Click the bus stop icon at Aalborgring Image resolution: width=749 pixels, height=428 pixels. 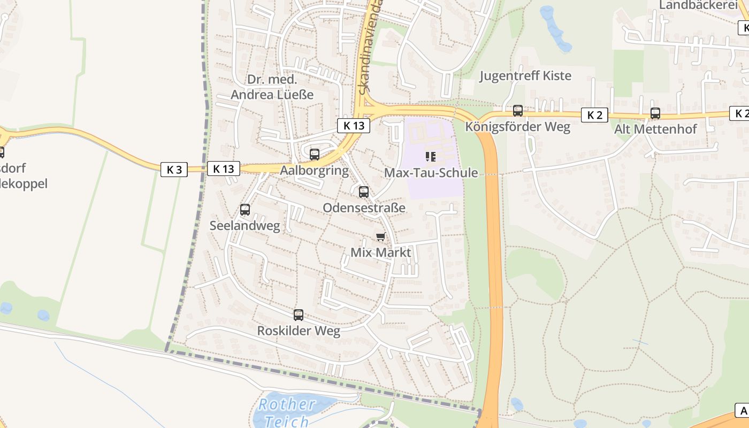pos(315,155)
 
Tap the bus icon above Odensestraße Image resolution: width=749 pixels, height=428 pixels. pos(364,192)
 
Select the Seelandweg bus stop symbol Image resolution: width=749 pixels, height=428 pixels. pos(245,210)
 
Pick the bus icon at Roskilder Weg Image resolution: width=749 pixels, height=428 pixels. pos(299,315)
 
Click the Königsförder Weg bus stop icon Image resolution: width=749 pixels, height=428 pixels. pos(518,111)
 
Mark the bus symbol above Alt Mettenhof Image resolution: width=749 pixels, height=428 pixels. pos(655,113)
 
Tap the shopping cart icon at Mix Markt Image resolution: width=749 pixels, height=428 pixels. pos(380,236)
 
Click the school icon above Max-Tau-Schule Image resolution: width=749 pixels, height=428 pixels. pos(431,157)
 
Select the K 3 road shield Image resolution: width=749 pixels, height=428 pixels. pos(174,170)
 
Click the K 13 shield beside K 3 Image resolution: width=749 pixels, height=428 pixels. pos(223,169)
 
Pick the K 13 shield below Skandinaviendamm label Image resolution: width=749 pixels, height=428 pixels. pos(354,126)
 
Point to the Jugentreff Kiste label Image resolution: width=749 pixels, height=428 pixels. pos(525,76)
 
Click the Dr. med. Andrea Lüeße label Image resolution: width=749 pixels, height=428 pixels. pos(272,87)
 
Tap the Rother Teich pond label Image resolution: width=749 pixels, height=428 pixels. pos(287,412)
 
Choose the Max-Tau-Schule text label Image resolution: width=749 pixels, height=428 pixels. pos(431,173)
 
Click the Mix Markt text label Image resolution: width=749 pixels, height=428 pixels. pos(380,252)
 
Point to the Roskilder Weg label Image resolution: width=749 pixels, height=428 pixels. pos(299,331)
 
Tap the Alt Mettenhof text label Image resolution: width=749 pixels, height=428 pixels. pos(655,129)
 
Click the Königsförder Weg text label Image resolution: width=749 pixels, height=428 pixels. pos(518,127)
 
